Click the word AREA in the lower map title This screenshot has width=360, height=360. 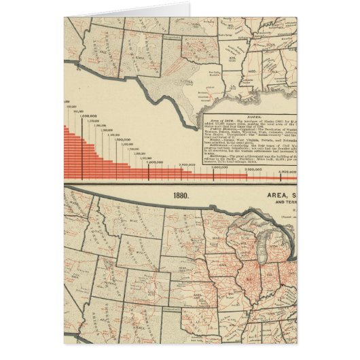pyautogui.click(x=262, y=196)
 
